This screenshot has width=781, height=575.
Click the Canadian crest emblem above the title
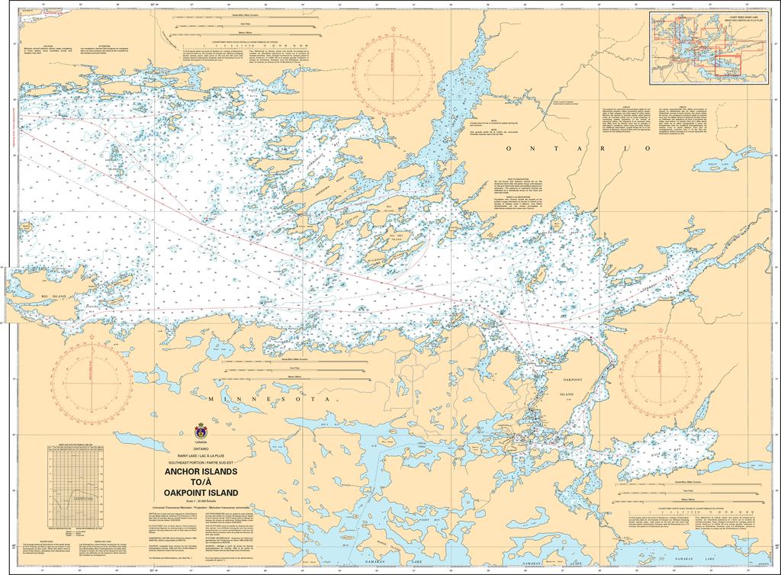[201, 430]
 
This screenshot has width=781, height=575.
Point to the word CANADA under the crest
[201, 442]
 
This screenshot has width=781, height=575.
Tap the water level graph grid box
[74, 483]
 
